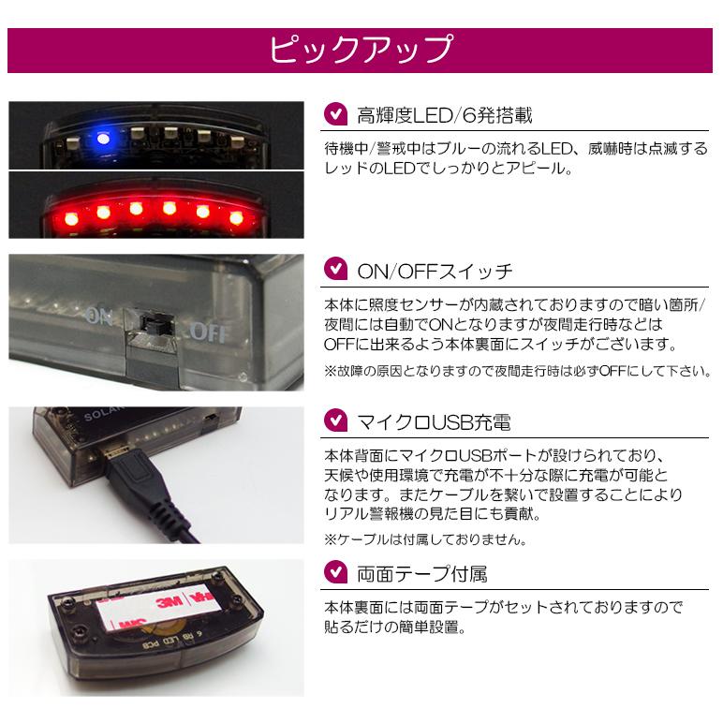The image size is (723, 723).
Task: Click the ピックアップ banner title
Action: pos(361,50)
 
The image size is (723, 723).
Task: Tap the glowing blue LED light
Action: pos(102,140)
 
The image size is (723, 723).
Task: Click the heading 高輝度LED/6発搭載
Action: pos(445,115)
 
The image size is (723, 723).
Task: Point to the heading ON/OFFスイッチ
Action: pos(435,272)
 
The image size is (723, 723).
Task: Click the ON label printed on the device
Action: pos(98,316)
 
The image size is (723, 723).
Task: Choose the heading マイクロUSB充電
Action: pos(434,422)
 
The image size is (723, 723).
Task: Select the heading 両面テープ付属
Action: pos(421,572)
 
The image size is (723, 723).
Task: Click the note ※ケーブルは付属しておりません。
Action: pos(423,539)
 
